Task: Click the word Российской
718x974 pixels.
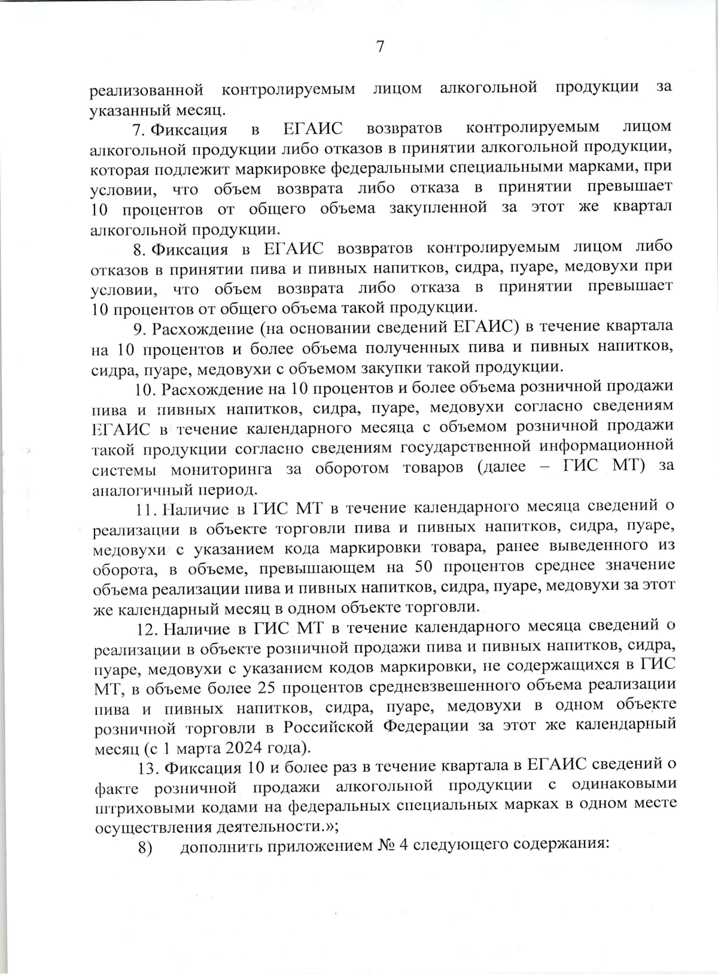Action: [x=327, y=727]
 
